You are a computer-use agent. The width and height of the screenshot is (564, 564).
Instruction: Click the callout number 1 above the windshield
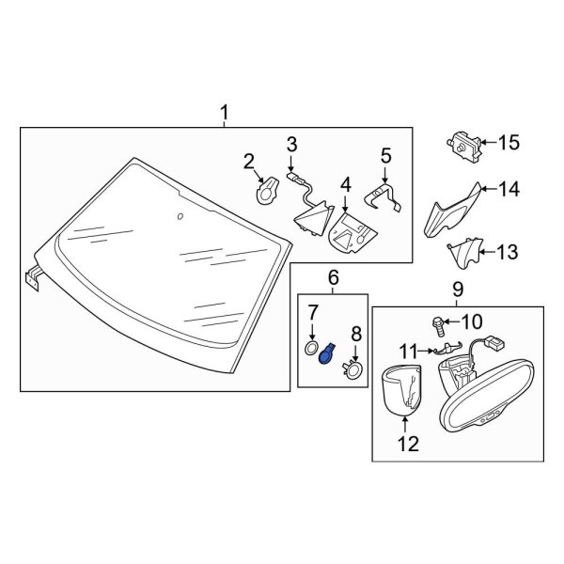[224, 115]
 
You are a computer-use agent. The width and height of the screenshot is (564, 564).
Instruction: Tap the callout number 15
[509, 143]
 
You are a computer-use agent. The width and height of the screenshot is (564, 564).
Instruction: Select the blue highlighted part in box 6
[329, 357]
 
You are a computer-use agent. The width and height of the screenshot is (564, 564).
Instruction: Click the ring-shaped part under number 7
[310, 351]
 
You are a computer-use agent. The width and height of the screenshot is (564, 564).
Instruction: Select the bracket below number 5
[385, 196]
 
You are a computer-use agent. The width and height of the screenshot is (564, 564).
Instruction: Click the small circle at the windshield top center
[179, 217]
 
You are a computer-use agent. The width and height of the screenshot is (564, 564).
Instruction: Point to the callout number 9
[457, 292]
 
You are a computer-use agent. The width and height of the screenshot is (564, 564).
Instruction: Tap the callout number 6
[333, 277]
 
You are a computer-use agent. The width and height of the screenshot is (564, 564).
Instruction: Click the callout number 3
[291, 144]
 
